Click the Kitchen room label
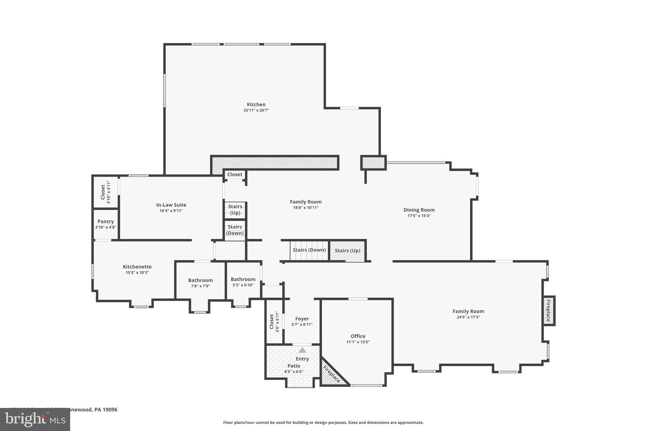(x=256, y=105)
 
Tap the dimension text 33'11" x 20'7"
(x=256, y=110)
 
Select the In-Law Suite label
(x=171, y=205)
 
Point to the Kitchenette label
(x=137, y=267)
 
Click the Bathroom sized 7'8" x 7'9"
(x=200, y=283)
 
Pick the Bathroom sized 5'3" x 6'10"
(x=243, y=282)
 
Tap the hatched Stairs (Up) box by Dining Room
(x=347, y=251)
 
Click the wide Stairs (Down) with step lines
(x=309, y=250)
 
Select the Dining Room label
(x=419, y=210)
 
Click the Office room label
(x=358, y=336)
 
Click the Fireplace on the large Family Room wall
(x=548, y=311)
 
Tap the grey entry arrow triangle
(x=302, y=350)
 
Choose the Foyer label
(x=302, y=319)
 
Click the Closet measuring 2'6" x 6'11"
(x=274, y=321)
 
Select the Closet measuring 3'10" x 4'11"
(x=105, y=192)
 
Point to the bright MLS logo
(x=35, y=419)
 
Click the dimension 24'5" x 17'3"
(x=468, y=317)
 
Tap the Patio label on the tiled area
(x=294, y=366)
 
